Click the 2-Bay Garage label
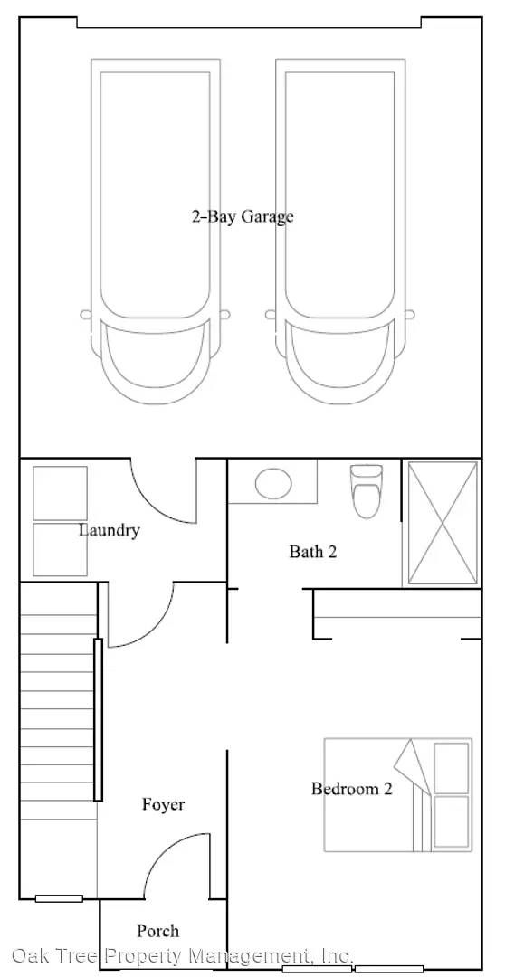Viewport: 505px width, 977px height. click(x=242, y=217)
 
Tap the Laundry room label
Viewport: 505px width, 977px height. click(x=110, y=531)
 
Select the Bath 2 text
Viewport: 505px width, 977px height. click(x=313, y=552)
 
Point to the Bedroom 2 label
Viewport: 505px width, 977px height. click(x=352, y=789)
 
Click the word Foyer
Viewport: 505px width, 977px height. click(x=163, y=804)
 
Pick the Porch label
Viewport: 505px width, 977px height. click(x=157, y=931)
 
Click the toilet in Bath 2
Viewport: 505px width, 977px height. click(x=367, y=491)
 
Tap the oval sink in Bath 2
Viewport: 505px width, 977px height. click(x=273, y=481)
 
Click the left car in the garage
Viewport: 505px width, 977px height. click(x=156, y=231)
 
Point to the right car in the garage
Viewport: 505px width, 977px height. click(x=339, y=231)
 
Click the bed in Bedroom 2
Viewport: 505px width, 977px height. click(x=398, y=794)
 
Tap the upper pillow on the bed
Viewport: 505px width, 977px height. click(x=451, y=768)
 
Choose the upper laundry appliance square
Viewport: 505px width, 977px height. click(x=60, y=493)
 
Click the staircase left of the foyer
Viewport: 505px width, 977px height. click(x=59, y=740)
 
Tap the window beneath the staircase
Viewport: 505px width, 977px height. click(x=59, y=898)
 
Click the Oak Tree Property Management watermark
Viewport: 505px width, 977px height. click(x=183, y=955)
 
